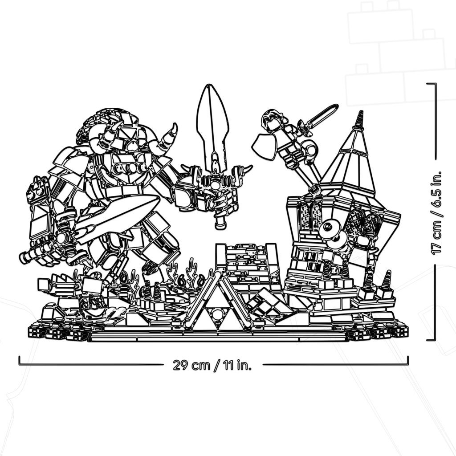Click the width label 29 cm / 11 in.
pyautogui.click(x=212, y=365)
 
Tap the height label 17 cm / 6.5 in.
pyautogui.click(x=436, y=212)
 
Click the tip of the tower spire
pyautogui.click(x=361, y=111)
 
